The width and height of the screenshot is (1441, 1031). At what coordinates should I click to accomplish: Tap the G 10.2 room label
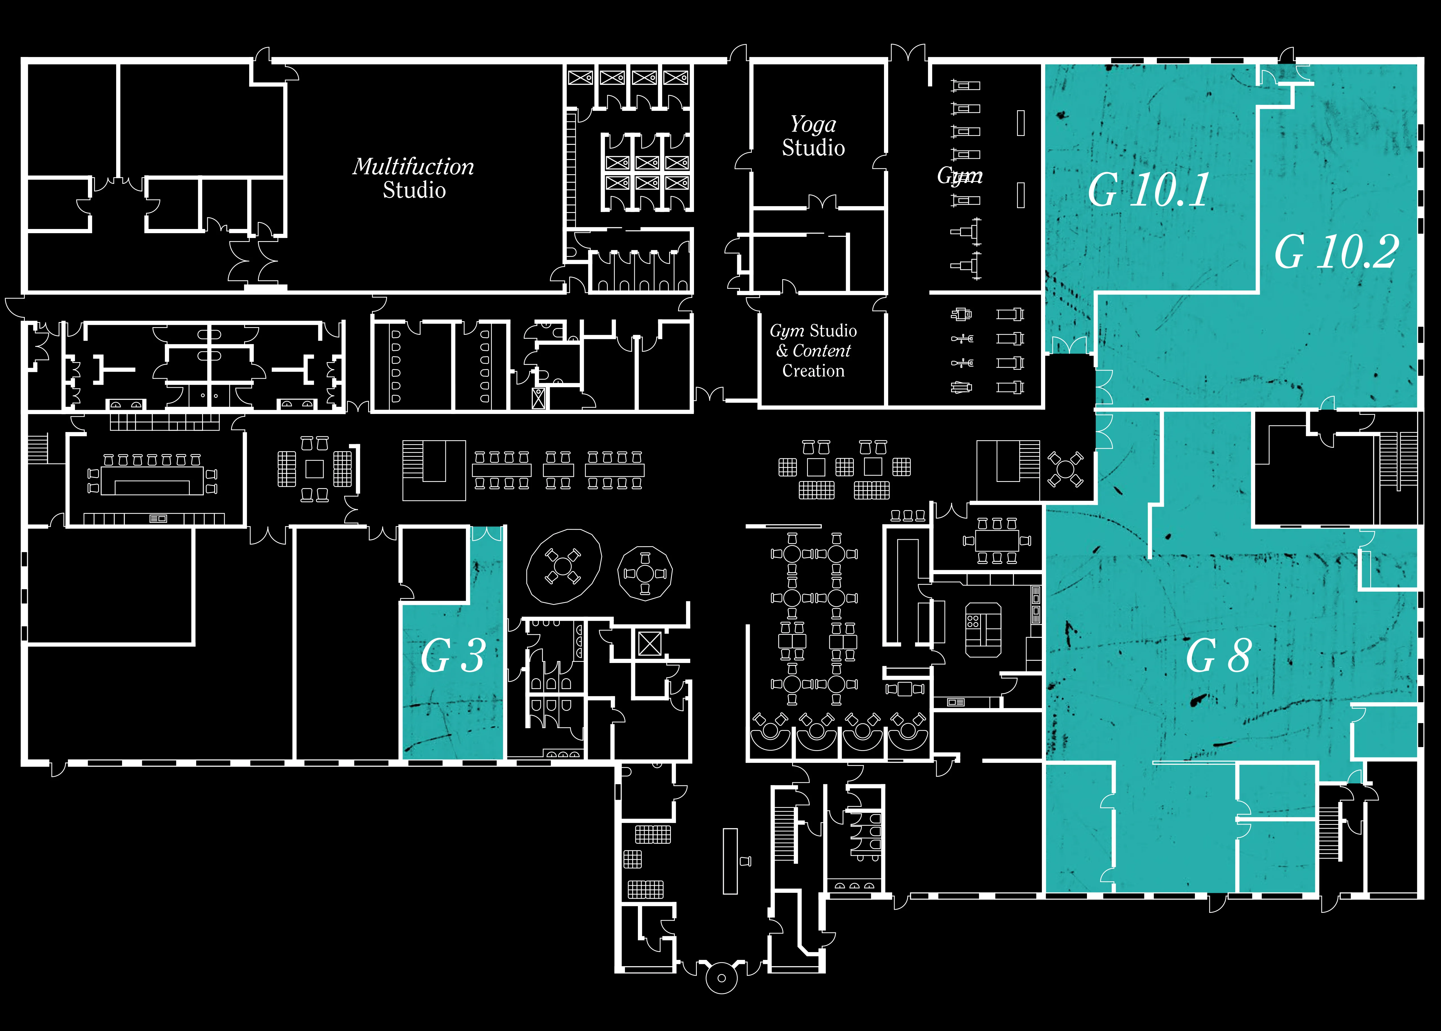point(1336,251)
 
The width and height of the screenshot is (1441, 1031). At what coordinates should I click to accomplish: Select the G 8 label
point(1218,655)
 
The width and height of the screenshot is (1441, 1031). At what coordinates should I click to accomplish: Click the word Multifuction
point(413,166)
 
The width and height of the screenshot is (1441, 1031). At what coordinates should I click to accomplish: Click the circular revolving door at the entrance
point(721,978)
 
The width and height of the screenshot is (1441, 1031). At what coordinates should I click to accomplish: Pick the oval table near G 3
point(563,566)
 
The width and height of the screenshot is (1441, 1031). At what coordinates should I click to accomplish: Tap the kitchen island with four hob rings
point(983,629)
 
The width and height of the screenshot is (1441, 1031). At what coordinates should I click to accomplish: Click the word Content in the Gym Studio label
point(822,351)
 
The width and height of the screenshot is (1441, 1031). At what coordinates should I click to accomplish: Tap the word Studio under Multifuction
point(414,190)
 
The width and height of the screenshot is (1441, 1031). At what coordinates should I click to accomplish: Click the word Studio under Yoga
point(814,148)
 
